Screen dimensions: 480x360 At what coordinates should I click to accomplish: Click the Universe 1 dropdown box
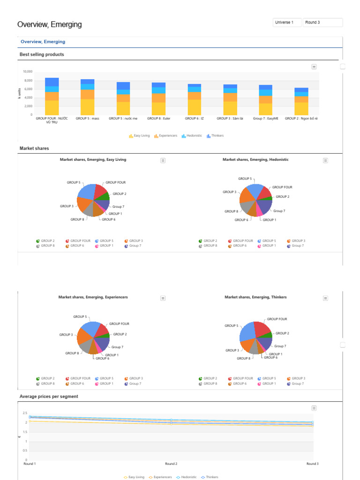coord(286,22)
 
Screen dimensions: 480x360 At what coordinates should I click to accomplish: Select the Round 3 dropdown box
coord(323,22)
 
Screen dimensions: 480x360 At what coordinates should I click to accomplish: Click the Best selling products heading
coord(42,54)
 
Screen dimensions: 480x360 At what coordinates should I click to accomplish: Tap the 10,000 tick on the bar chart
coord(27,72)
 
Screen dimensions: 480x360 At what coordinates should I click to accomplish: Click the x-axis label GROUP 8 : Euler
coord(158,119)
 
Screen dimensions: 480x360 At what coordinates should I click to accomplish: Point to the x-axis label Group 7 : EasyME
coord(266,119)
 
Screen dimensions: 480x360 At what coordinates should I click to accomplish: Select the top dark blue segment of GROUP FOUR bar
coord(52,82)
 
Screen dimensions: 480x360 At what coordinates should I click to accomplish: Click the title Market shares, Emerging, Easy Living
coord(93,159)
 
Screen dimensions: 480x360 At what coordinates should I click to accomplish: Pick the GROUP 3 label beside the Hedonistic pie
coord(229,192)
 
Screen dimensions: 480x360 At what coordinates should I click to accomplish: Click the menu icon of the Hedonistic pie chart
coord(325,160)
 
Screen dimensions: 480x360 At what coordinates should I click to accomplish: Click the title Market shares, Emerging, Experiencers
coord(93,297)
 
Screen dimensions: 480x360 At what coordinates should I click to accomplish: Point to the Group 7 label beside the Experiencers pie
coord(117,347)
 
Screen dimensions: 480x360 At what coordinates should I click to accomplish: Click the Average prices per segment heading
coord(49,396)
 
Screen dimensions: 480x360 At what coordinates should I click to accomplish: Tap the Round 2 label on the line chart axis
coord(171,464)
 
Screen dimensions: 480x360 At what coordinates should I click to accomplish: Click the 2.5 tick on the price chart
coord(25,413)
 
